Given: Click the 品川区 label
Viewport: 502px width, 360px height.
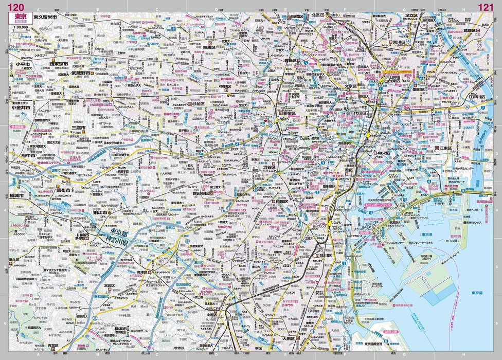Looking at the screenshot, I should [324, 255].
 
